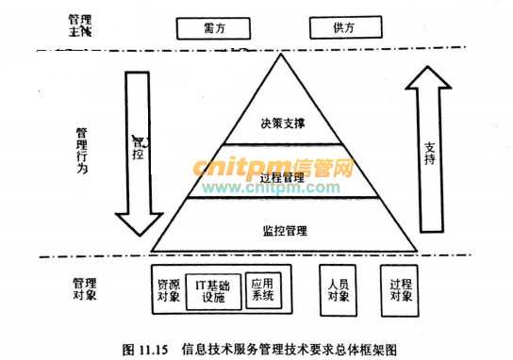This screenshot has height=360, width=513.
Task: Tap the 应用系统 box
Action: click(262, 289)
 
